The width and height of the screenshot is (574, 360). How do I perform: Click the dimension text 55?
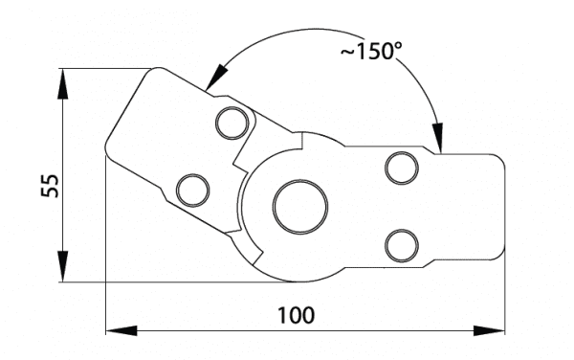pyautogui.click(x=50, y=186)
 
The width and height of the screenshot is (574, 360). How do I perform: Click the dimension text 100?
pyautogui.click(x=296, y=315)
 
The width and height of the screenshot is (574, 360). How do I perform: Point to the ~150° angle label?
pyautogui.click(x=371, y=51)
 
